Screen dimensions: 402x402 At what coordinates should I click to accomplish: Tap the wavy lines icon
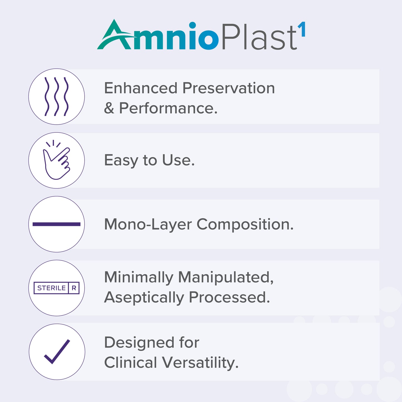coord(56,97)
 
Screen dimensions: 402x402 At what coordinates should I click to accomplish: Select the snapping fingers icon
coord(57,161)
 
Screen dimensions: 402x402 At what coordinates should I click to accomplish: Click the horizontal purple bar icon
coord(56,224)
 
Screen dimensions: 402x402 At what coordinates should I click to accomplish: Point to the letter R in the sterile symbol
coord(74,288)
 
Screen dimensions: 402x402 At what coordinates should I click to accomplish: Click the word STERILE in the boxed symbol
coord(51,288)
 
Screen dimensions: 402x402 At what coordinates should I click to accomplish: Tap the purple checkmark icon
coord(57,352)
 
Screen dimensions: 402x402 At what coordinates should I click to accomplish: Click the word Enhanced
coord(141,88)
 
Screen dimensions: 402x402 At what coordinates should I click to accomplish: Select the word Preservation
coord(229,88)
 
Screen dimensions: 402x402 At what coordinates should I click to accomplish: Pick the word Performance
coord(168,108)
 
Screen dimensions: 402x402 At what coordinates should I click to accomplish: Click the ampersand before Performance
coord(109,108)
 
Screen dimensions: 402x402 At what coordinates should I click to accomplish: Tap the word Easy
coord(121,161)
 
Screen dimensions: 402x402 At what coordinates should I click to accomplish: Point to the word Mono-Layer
coord(148,225)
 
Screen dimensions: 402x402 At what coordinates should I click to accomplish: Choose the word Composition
coord(245,225)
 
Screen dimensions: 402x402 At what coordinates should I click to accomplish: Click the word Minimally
coord(138,278)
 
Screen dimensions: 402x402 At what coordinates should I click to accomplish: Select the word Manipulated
coord(226,278)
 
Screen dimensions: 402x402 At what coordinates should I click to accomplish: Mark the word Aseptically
coord(144,298)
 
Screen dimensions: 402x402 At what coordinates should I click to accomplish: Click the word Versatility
coord(200,363)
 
